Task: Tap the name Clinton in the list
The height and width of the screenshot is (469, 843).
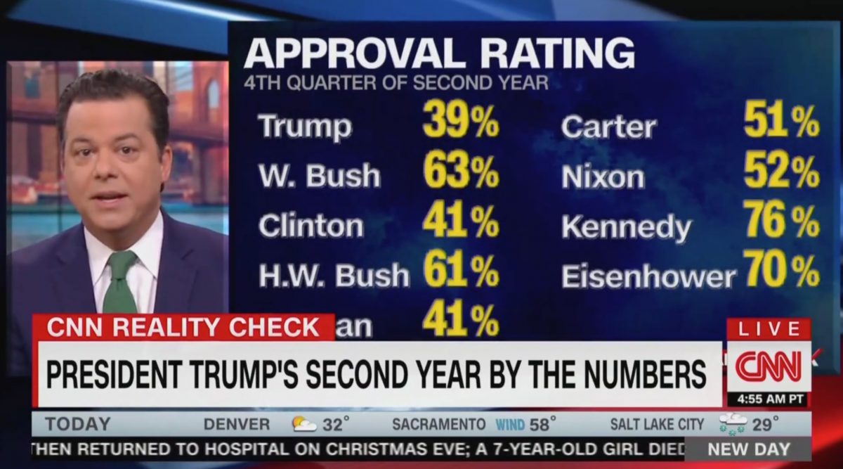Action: pyautogui.click(x=311, y=226)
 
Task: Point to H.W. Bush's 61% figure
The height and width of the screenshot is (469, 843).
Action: pyautogui.click(x=460, y=272)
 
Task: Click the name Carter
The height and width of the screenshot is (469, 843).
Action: pyautogui.click(x=608, y=127)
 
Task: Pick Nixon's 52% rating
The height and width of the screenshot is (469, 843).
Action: pyautogui.click(x=781, y=172)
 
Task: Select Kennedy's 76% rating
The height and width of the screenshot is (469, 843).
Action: pyautogui.click(x=781, y=222)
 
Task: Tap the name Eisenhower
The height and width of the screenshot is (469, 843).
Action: pyautogui.click(x=648, y=276)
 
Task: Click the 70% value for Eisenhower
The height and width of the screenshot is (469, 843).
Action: pyautogui.click(x=781, y=271)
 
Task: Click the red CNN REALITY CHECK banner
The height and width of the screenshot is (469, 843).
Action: pyautogui.click(x=183, y=328)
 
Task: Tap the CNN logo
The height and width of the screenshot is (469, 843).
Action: pyautogui.click(x=768, y=366)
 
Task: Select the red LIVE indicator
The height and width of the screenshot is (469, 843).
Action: pyautogui.click(x=769, y=329)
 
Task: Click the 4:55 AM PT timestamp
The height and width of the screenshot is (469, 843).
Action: pyautogui.click(x=768, y=399)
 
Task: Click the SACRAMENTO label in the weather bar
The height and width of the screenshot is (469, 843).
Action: pyautogui.click(x=438, y=424)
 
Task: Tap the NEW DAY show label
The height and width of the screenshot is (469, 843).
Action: pyautogui.click(x=748, y=449)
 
